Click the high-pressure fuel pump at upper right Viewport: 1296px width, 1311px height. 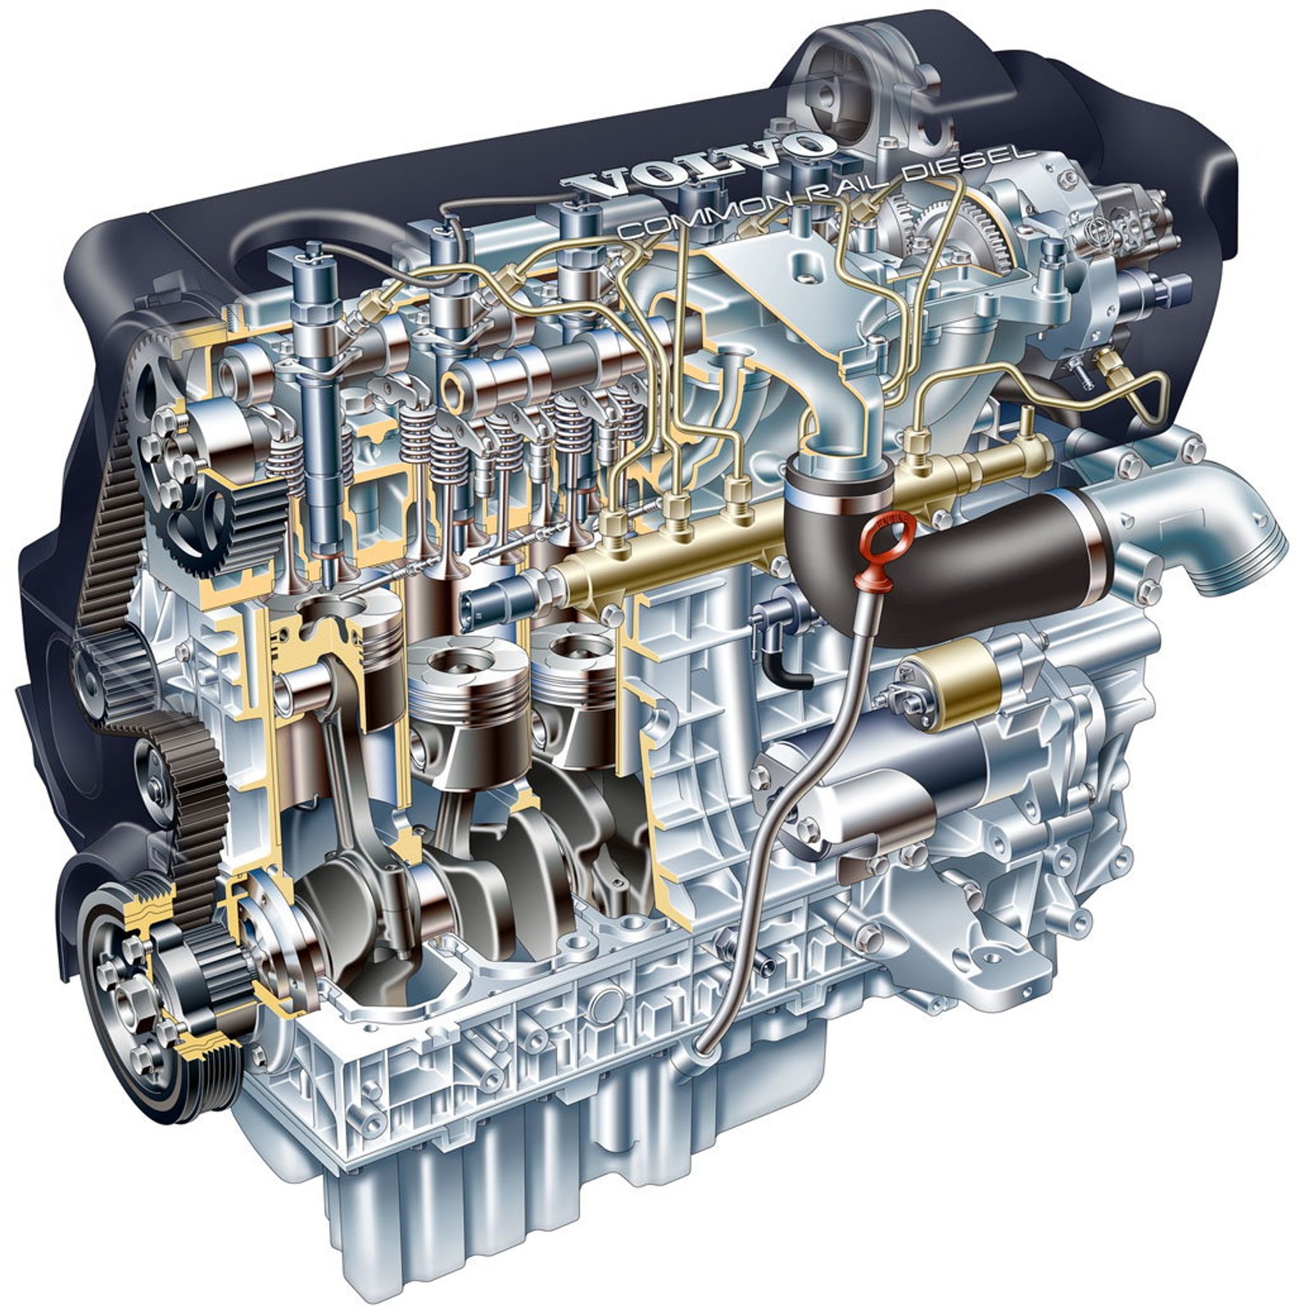(x=1122, y=262)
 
